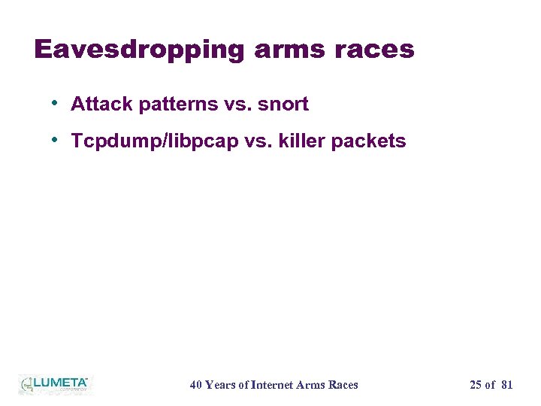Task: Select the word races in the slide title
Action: pyautogui.click(x=376, y=50)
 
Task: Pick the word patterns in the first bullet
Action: pyautogui.click(x=178, y=105)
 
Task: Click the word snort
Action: pyautogui.click(x=283, y=105)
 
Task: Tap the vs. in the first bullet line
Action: pyautogui.click(x=238, y=105)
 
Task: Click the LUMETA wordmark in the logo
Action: pyautogui.click(x=60, y=383)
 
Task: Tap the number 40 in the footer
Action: pyautogui.click(x=196, y=385)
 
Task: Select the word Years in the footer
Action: pyautogui.click(x=219, y=385)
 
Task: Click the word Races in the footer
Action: pyautogui.click(x=343, y=385)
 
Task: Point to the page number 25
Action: pyautogui.click(x=476, y=385)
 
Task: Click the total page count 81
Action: pyautogui.click(x=506, y=385)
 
